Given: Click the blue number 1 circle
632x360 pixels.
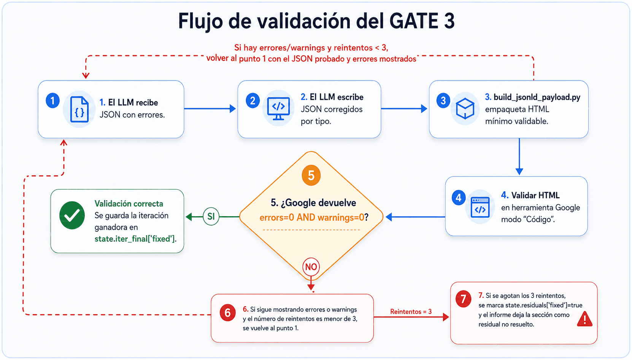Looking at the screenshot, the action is tap(53, 100).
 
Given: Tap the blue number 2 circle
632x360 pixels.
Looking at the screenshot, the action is tap(252, 100).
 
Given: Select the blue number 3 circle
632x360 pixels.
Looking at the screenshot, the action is tap(443, 100).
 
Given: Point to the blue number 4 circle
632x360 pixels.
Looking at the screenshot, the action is tap(459, 198).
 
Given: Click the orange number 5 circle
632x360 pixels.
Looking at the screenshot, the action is tap(311, 175).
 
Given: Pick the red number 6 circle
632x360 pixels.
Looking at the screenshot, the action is tap(228, 313).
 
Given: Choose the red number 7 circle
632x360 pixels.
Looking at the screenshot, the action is tap(463, 299).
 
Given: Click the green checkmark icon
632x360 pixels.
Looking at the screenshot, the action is tap(72, 215).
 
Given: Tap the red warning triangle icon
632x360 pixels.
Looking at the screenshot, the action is tap(584, 319).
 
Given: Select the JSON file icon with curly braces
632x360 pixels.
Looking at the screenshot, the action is tap(79, 110).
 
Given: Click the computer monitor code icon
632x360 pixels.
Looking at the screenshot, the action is tap(278, 108).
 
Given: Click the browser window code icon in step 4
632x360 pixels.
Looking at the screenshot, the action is tap(480, 207).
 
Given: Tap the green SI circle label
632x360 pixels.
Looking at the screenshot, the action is tap(211, 217).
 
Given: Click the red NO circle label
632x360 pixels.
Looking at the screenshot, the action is tap(311, 266).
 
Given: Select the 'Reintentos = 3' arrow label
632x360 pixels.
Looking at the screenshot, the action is tap(411, 312).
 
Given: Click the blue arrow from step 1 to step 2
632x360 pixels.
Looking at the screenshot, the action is tap(210, 109).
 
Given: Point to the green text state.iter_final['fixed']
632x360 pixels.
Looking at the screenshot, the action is tap(135, 239).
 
